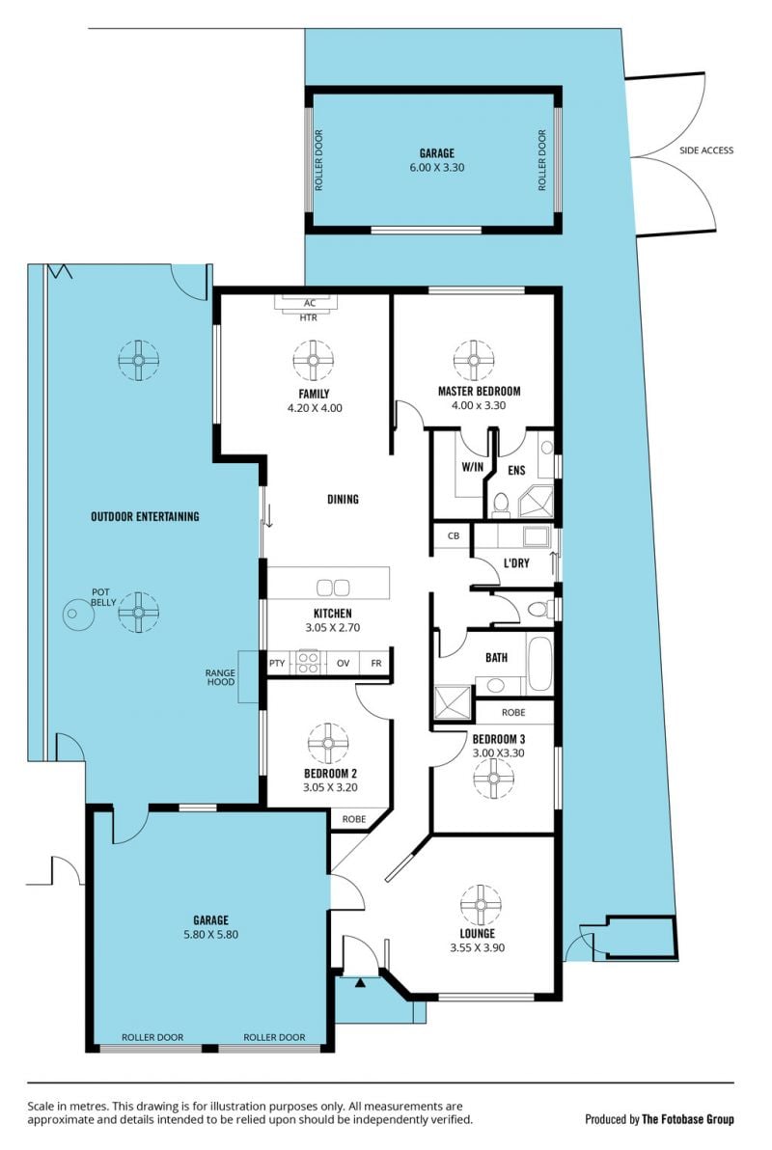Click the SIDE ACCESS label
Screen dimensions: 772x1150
click(706, 151)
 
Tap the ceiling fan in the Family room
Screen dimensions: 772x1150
click(314, 361)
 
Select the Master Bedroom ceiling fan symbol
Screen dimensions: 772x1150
click(474, 361)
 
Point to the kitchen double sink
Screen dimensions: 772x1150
click(333, 587)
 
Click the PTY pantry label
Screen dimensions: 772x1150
click(277, 663)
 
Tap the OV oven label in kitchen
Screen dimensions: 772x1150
click(343, 663)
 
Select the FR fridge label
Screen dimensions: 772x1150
click(376, 663)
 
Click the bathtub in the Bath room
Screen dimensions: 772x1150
click(540, 663)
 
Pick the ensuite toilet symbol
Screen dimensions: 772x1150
click(501, 504)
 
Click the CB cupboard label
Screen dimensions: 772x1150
click(454, 536)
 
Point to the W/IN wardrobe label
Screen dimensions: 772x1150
click(473, 467)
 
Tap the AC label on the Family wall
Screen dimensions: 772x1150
click(310, 303)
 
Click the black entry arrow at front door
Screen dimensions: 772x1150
click(360, 983)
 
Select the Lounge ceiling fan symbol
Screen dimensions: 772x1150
click(481, 905)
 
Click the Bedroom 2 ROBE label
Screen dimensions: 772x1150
click(354, 819)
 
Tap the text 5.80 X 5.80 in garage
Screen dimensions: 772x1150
click(210, 935)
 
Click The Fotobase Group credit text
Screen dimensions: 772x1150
click(688, 1119)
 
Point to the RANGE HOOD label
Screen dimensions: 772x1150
click(220, 677)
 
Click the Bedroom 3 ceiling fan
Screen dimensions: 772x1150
click(493, 779)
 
